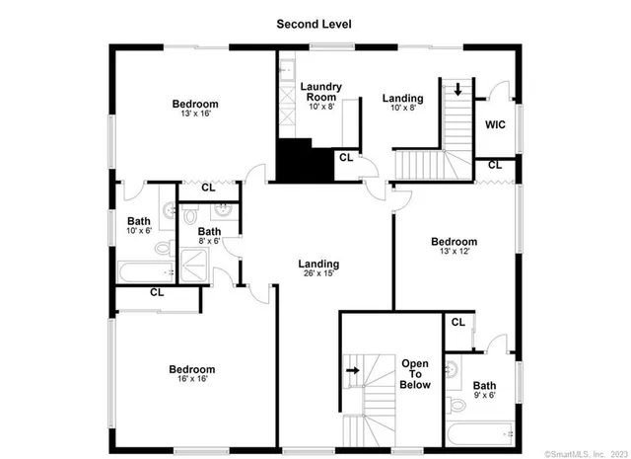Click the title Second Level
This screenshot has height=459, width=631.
pos(315,24)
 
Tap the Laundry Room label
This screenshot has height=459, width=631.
pos(321,93)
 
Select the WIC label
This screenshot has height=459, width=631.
pos(495,124)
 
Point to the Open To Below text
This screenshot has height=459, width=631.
pos(415,375)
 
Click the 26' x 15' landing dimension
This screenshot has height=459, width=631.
pos(318,273)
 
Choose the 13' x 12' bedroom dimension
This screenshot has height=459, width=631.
pos(454,253)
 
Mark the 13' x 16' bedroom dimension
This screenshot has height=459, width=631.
pos(195,115)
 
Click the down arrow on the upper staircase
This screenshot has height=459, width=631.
pos(458,90)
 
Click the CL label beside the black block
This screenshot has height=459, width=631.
pos(345,157)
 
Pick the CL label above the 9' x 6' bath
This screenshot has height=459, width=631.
pos(457,322)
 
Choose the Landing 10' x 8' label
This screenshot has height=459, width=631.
pos(403,104)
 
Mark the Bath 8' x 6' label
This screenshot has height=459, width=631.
pos(208,236)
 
